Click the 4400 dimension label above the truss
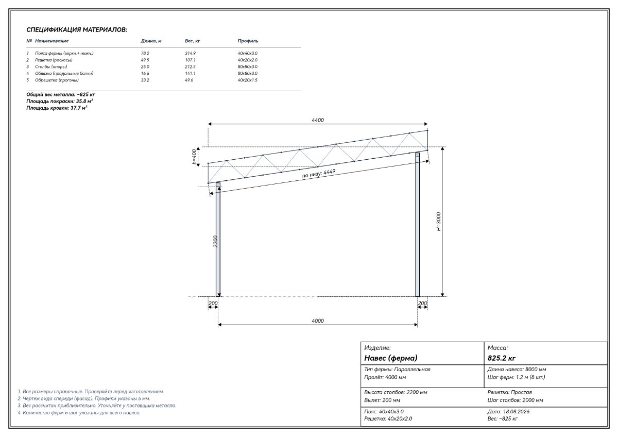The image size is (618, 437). [318, 120]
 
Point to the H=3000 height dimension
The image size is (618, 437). [439, 222]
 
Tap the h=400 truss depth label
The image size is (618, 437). [195, 157]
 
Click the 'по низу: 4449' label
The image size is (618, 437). [319, 173]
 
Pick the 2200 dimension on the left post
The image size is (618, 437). [215, 241]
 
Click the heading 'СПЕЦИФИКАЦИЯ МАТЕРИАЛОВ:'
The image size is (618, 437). [77, 30]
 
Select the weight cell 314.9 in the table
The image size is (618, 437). [190, 53]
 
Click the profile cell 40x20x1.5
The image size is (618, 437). [248, 80]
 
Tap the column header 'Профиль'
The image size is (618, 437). [248, 41]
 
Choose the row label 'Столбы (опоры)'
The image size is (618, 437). [51, 67]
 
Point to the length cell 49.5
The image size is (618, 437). [145, 60]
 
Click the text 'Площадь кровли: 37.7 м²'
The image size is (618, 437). [57, 108]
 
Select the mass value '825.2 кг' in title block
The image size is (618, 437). [501, 358]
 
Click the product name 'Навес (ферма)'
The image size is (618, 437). [391, 358]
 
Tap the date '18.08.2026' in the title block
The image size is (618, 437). [516, 412]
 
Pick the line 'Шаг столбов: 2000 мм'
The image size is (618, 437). [515, 400]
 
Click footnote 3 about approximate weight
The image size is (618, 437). [97, 406]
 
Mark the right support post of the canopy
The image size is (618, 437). [418, 225]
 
